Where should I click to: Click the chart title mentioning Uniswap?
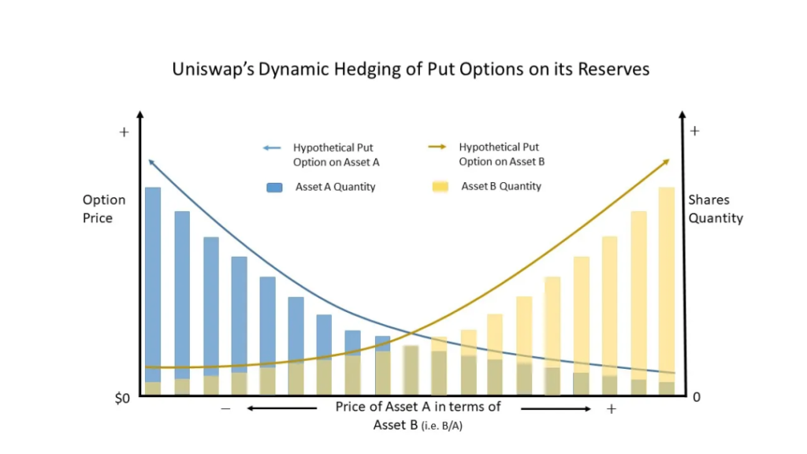pos(411,69)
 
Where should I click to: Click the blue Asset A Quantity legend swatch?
pos(274,188)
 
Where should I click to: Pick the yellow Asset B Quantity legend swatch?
pos(440,187)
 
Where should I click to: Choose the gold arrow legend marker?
pos(437,147)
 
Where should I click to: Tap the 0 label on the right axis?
pos(697,398)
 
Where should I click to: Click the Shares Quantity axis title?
pos(716,209)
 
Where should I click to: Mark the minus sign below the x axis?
pos(226,409)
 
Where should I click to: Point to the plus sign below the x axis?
pos(611,409)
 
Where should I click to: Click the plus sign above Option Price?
pos(124,132)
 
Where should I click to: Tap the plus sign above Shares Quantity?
pos(694,131)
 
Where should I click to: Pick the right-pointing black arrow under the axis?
pos(556,408)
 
